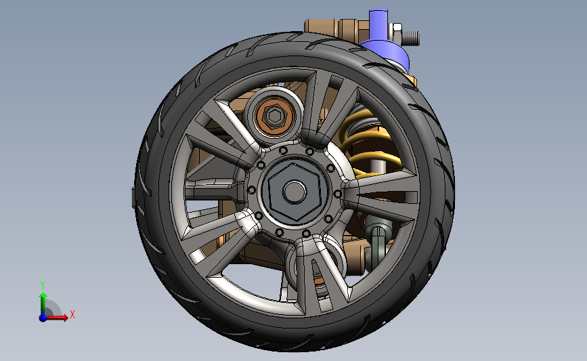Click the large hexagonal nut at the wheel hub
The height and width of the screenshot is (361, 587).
click(x=294, y=192)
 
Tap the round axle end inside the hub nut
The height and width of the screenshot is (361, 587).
click(x=295, y=192)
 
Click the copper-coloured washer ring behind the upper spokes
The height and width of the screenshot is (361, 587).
click(x=274, y=116)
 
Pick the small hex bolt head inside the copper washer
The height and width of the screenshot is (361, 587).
click(x=275, y=116)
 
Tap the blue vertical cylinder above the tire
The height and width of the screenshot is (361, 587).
click(x=378, y=24)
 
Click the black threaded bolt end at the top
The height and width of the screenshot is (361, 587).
click(x=411, y=38)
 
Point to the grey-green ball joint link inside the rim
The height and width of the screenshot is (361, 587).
click(x=377, y=240)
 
